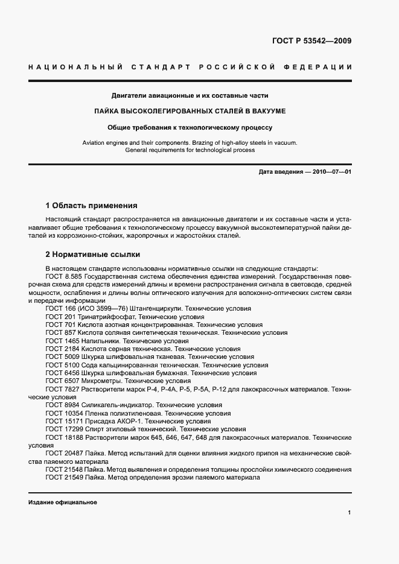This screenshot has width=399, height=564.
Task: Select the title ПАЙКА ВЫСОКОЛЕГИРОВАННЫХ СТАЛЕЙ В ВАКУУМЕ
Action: (x=190, y=112)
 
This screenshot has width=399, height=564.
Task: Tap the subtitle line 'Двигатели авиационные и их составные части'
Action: (x=190, y=95)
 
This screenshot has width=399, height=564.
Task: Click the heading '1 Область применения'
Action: (x=92, y=205)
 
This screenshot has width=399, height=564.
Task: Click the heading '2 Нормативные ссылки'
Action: (x=93, y=255)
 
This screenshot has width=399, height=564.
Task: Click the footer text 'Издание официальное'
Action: (x=62, y=502)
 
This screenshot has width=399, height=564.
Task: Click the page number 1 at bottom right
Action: (x=350, y=512)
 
